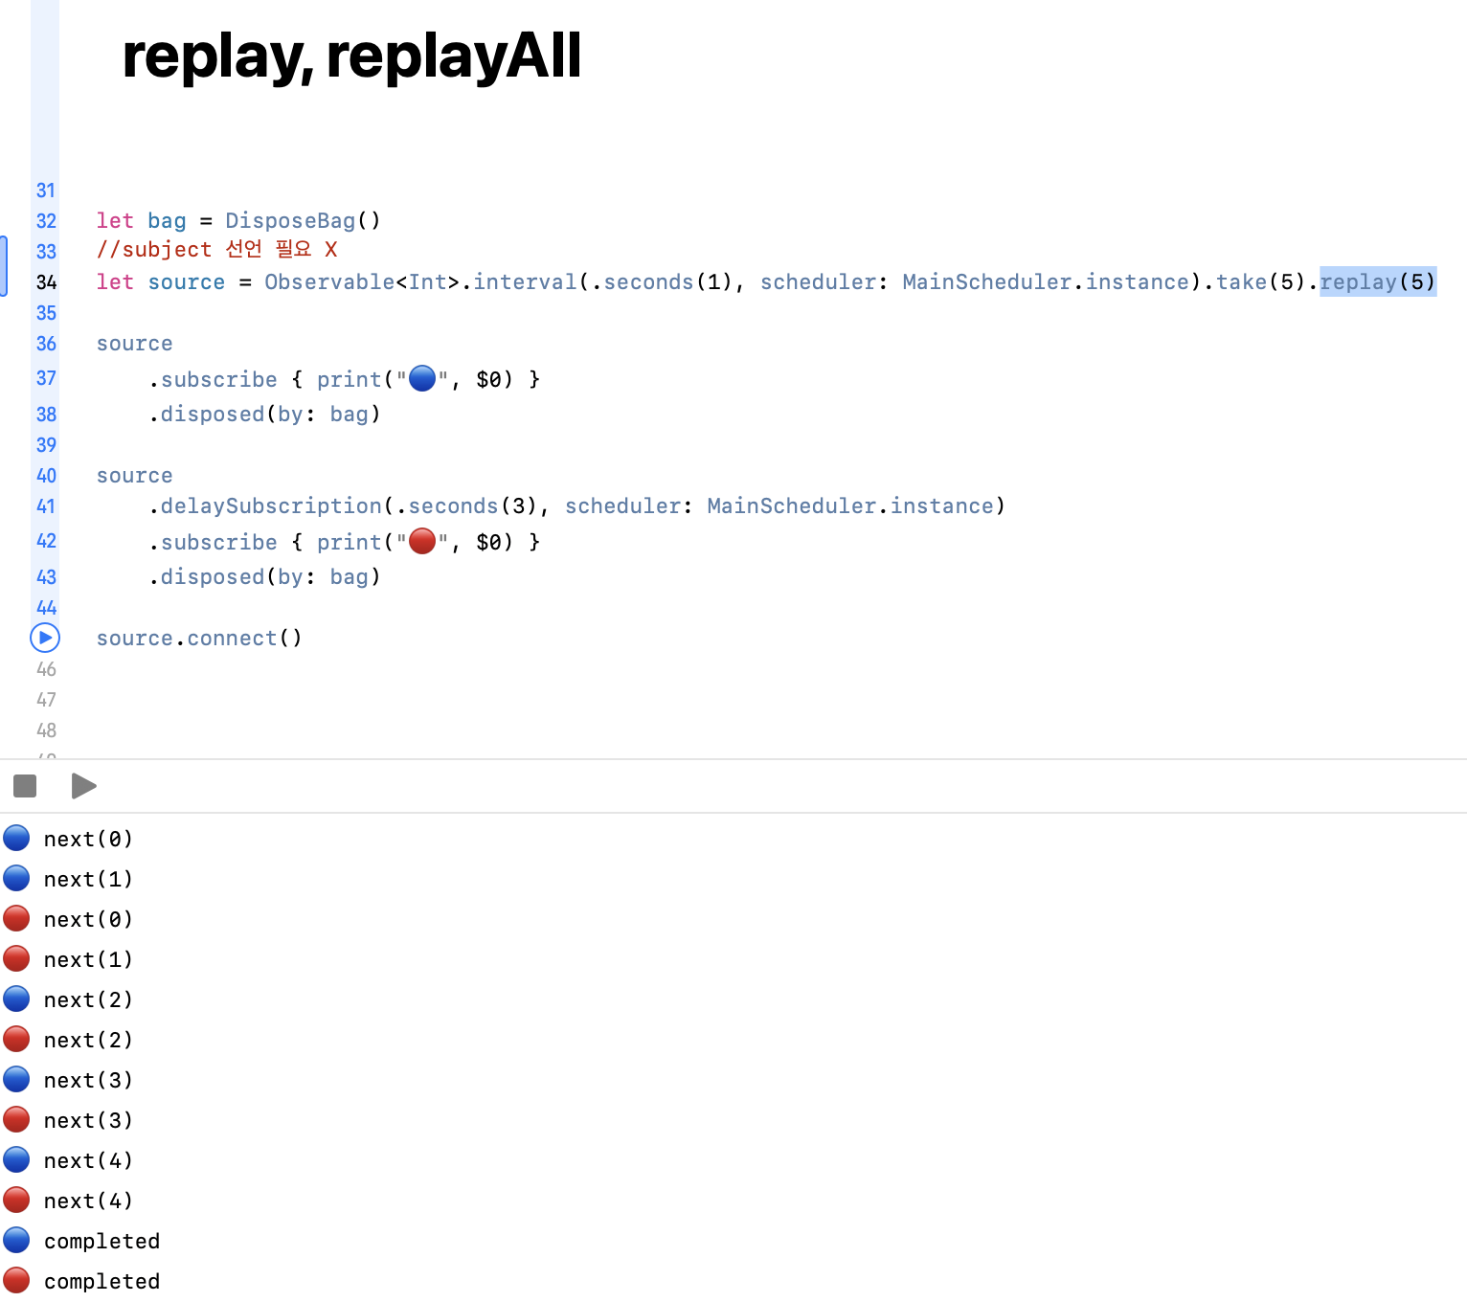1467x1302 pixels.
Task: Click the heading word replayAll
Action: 453,56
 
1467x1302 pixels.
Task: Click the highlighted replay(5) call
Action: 1377,282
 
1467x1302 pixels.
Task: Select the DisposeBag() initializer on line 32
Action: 303,221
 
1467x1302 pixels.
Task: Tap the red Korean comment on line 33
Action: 216,250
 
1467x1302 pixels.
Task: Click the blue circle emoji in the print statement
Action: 422,379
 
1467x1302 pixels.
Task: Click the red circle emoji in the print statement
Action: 422,542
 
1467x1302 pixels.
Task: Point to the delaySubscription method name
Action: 271,506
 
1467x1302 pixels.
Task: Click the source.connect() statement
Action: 199,639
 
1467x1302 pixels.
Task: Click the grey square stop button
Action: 25,786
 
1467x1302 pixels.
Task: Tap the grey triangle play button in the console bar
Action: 83,786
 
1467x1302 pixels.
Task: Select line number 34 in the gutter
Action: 46,282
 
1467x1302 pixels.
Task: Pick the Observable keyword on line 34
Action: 329,282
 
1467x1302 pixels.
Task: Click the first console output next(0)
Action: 88,840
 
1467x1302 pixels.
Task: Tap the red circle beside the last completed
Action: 16,1280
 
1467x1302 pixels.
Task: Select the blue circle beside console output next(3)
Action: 16,1079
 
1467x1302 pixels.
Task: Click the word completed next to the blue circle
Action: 102,1242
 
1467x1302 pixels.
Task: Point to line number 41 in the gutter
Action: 46,506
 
